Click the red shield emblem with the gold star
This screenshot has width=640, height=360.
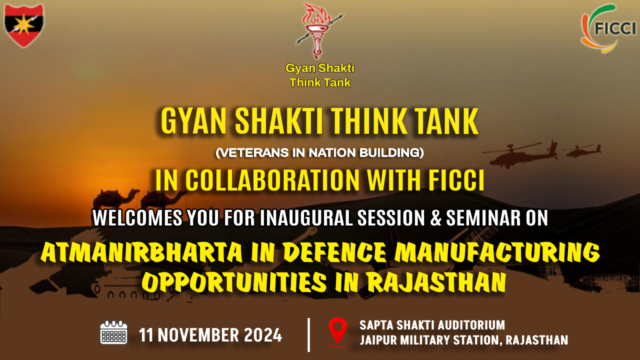tap(24, 25)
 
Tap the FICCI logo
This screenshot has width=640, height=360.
tap(608, 28)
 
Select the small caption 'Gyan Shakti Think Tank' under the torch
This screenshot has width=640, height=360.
tap(320, 75)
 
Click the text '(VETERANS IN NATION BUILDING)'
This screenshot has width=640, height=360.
tap(319, 152)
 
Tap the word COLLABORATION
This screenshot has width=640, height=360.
tap(272, 180)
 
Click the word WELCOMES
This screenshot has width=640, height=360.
tap(137, 218)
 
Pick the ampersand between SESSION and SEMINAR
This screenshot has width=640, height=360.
tap(435, 218)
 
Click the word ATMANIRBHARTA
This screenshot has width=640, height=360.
tap(141, 252)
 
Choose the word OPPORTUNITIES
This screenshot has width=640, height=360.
tap(234, 282)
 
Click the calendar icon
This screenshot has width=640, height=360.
tap(113, 332)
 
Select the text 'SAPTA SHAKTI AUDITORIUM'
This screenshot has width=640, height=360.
tap(432, 325)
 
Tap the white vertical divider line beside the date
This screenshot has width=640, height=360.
tap(308, 335)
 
